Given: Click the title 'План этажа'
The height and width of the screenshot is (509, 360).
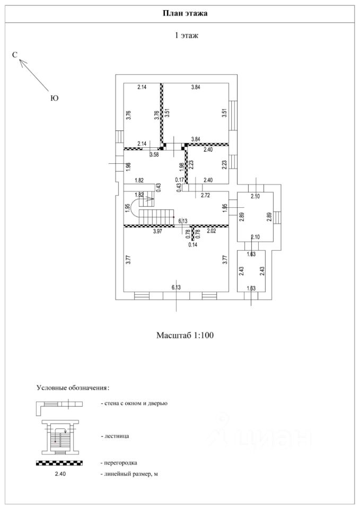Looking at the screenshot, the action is [x=185, y=13].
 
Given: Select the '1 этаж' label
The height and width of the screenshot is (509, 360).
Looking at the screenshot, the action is [x=187, y=36].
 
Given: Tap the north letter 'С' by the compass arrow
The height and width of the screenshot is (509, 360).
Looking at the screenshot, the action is [x=15, y=55].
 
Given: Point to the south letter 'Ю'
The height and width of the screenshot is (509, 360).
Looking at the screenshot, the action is [x=55, y=98].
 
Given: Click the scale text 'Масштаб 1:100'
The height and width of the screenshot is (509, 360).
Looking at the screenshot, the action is [x=185, y=335].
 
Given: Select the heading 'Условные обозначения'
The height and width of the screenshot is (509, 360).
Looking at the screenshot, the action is [x=73, y=388].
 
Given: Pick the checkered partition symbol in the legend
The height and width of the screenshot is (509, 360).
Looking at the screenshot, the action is [x=59, y=463].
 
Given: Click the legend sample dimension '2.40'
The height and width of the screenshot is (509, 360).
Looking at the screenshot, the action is [x=60, y=474].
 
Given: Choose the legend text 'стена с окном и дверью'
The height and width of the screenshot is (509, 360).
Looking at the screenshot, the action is [x=136, y=403].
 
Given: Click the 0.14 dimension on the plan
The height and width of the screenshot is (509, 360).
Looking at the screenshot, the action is [x=193, y=245].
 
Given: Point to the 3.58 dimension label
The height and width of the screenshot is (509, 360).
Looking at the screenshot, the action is [x=154, y=154].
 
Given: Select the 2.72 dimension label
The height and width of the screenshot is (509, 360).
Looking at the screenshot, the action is [x=206, y=196].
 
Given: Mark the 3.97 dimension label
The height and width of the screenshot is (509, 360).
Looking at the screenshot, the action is [x=157, y=231].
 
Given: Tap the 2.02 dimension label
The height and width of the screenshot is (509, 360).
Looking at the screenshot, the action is [x=212, y=231].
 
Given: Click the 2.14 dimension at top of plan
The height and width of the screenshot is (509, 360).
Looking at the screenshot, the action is [x=142, y=87].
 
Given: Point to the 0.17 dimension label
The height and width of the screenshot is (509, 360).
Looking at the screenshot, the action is [x=180, y=180].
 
